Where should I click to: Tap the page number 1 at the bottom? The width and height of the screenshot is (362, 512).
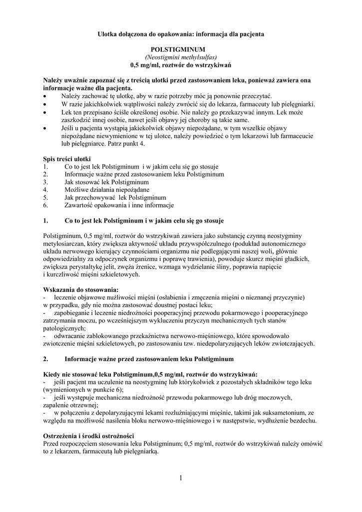point(181,478)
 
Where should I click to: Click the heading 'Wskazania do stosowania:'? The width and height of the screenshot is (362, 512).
point(81,289)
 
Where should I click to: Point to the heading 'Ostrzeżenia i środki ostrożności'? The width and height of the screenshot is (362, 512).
point(88,435)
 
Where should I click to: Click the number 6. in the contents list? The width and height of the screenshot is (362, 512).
point(46,205)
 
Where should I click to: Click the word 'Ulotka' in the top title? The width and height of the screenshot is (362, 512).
point(108,34)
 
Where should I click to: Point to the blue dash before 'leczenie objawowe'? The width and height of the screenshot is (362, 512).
point(45,297)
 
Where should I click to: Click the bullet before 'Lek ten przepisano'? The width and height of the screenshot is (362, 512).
point(46,112)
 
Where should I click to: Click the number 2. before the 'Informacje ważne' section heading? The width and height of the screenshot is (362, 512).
point(46,359)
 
